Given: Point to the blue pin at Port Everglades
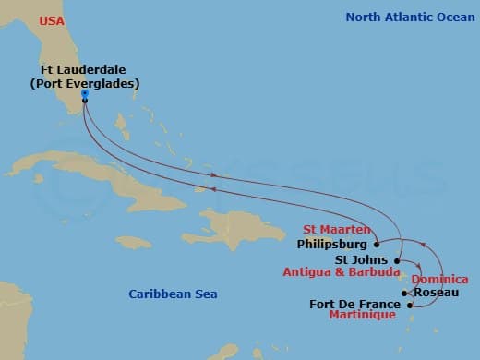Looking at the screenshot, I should [84, 94].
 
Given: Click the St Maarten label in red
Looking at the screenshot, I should [337, 230].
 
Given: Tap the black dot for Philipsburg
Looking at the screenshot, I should [376, 245].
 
